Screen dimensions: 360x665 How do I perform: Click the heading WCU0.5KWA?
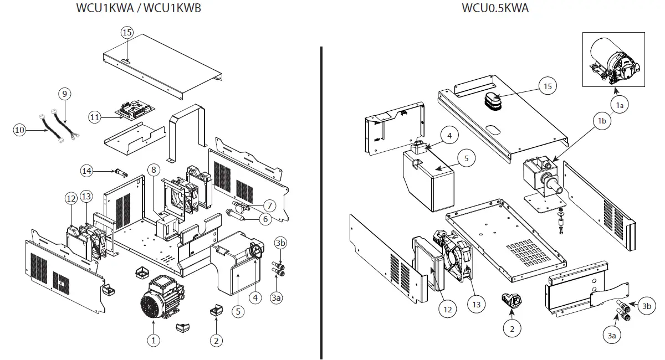point(495,8)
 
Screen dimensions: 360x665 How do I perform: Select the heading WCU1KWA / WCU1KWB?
point(138,8)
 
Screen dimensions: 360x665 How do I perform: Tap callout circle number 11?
point(95,117)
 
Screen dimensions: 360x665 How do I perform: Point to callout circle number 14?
point(86,170)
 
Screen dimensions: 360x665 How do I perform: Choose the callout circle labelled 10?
point(20,130)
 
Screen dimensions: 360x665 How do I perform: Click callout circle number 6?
point(265,219)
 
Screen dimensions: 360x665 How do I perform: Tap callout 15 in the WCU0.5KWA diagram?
point(548,86)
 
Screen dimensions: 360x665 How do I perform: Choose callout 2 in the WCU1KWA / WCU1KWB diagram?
point(216,340)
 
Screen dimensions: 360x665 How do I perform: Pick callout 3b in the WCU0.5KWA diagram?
point(646,306)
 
